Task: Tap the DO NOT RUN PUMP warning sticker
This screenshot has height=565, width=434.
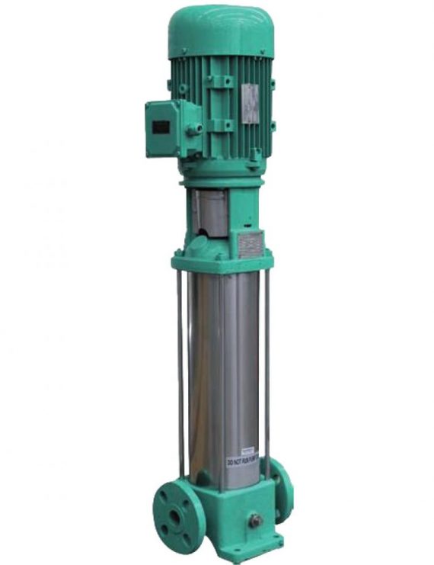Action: click(x=244, y=461)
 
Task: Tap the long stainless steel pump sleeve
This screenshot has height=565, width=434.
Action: click(x=225, y=374)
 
